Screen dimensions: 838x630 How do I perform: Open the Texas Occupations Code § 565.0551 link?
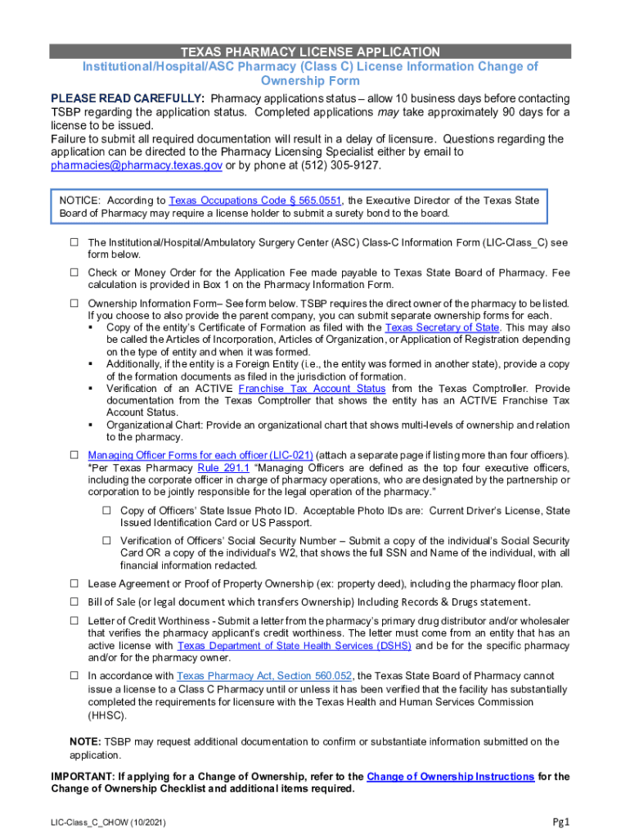coord(256,200)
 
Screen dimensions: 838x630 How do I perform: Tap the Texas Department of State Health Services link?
coord(295,646)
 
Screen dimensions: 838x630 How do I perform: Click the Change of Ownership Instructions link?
coord(451,777)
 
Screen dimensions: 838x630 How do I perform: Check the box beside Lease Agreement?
coord(74,583)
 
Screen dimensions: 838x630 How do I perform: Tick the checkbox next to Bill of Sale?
coord(74,602)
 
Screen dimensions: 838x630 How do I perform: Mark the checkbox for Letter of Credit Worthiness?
coord(74,621)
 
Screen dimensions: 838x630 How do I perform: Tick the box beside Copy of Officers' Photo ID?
coord(106,511)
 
